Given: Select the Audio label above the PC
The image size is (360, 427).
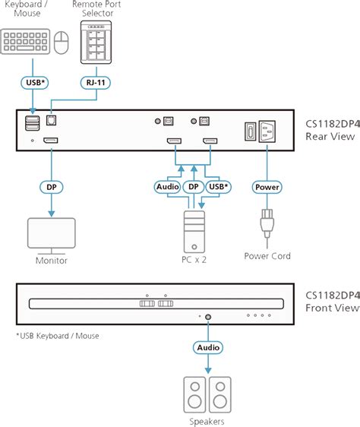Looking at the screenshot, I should [x=166, y=185].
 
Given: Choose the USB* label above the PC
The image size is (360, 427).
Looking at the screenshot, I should [x=218, y=185].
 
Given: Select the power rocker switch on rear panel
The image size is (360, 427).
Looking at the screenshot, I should [x=247, y=131].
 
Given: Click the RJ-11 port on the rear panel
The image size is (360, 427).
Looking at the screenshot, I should [x=51, y=120].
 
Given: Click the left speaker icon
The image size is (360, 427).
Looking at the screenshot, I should [x=195, y=393].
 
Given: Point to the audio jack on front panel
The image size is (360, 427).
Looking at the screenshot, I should [x=207, y=315].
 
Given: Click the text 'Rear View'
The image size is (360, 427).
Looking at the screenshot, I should [x=328, y=137].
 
